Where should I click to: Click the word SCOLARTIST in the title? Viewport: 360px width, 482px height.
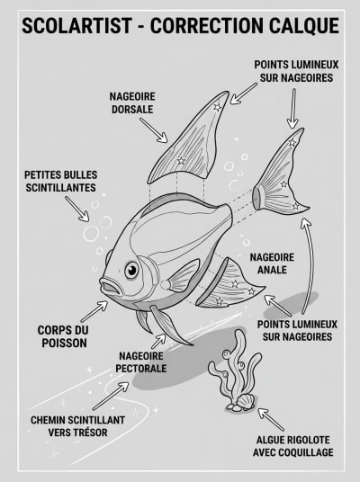coord(76,25)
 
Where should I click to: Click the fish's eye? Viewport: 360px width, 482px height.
coord(131,270)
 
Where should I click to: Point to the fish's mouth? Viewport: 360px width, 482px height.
coord(110,287)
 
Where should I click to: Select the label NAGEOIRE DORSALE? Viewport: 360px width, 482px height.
coord(132,103)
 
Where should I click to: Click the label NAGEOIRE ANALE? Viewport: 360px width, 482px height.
coord(272,263)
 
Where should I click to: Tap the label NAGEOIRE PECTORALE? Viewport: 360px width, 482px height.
coord(141,362)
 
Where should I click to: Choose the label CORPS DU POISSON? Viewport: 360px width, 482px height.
coord(64,336)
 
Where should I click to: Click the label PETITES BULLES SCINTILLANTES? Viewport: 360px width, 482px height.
coord(61,182)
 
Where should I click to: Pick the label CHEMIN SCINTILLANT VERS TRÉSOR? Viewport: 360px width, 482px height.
coord(77,426)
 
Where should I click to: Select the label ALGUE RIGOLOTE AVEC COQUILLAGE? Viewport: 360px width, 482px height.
coord(293,446)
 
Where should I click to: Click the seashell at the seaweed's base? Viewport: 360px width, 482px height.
coord(246,401)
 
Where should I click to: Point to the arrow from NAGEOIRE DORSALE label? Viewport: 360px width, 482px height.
coord(154,130)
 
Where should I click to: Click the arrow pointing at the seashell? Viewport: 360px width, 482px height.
coord(271,420)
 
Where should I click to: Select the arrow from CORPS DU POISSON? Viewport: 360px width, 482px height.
coord(94,311)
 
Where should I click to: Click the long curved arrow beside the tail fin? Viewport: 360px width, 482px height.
coord(310,264)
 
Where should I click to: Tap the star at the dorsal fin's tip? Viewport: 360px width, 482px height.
coord(217,107)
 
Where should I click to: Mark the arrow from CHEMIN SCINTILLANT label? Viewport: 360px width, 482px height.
coord(111,396)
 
